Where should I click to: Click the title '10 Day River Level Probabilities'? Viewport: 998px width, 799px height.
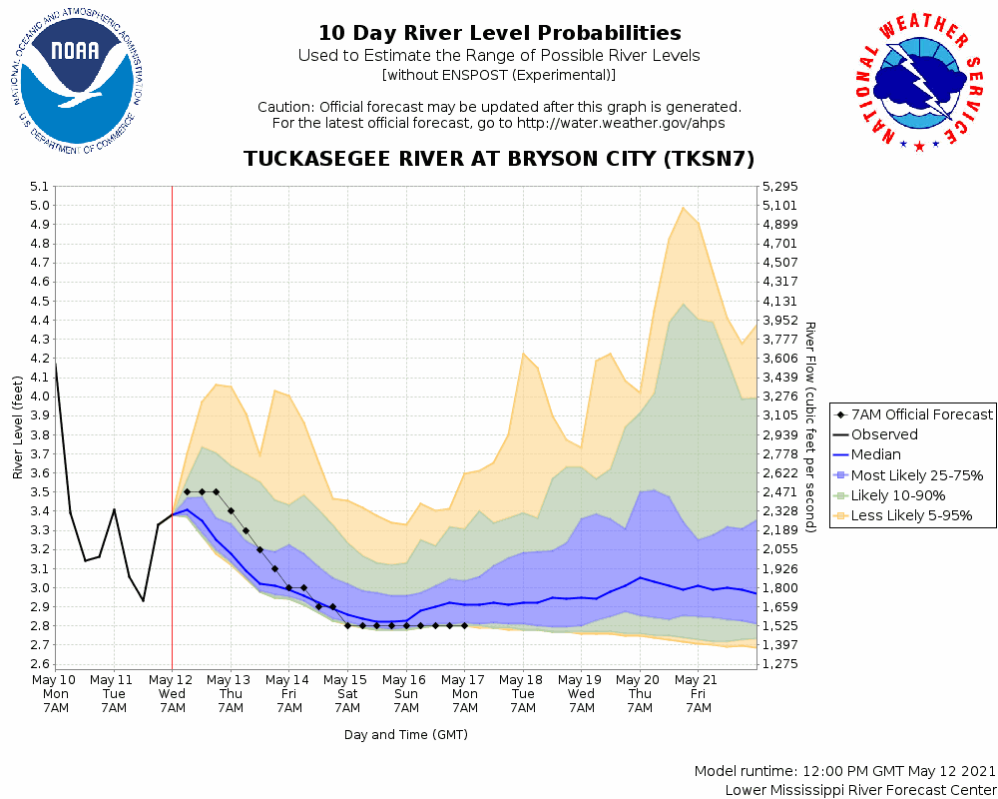pyautogui.click(x=499, y=34)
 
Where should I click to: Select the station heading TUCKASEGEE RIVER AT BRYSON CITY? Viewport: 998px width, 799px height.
pyautogui.click(x=499, y=160)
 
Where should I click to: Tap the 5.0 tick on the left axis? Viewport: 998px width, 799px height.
pyautogui.click(x=40, y=206)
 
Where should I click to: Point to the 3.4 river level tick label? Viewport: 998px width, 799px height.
pyautogui.click(x=40, y=511)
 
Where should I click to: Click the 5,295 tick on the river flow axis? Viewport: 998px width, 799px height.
pyautogui.click(x=780, y=187)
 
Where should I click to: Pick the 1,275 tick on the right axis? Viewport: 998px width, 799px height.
pyautogui.click(x=780, y=664)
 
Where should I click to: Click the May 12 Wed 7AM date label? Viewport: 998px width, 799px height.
pyautogui.click(x=172, y=692)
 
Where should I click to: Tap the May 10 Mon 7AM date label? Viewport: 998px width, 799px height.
pyautogui.click(x=56, y=692)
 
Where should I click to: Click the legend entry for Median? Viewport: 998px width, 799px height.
pyautogui.click(x=875, y=455)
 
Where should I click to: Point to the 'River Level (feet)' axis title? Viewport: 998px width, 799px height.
pyautogui.click(x=18, y=426)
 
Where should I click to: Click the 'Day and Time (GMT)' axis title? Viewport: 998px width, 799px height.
pyautogui.click(x=406, y=735)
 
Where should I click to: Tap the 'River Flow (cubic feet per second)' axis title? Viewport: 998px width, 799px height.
pyautogui.click(x=810, y=426)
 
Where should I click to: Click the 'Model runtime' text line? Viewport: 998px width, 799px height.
pyautogui.click(x=844, y=772)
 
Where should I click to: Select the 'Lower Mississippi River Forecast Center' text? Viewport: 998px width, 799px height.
pyautogui.click(x=860, y=790)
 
